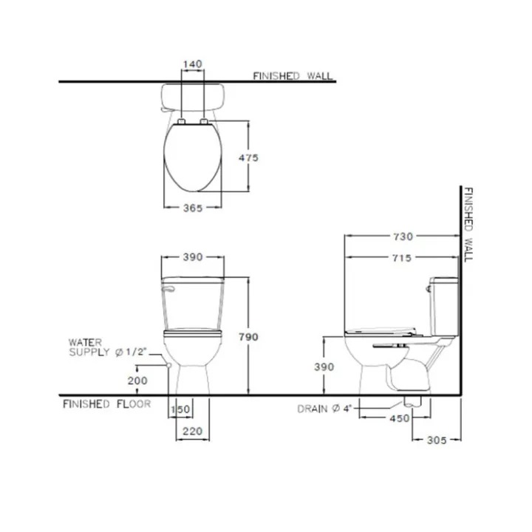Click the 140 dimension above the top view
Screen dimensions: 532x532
point(192,64)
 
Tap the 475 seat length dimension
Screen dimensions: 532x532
point(248,158)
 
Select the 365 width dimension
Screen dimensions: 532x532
point(193,208)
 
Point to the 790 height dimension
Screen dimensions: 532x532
point(248,337)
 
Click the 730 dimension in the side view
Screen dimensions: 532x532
point(403,236)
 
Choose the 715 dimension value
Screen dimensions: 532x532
point(402,258)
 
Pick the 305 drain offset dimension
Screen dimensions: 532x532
point(437,440)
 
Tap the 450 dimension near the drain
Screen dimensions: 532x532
point(400,418)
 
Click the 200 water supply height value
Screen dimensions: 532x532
point(137,381)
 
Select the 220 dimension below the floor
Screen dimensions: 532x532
point(192,432)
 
